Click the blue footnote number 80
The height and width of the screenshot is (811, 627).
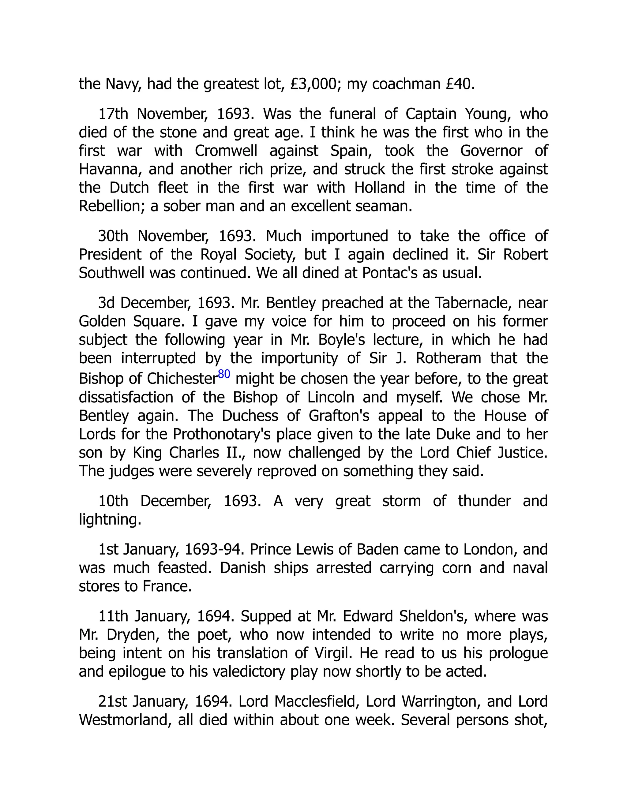[x=224, y=374]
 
